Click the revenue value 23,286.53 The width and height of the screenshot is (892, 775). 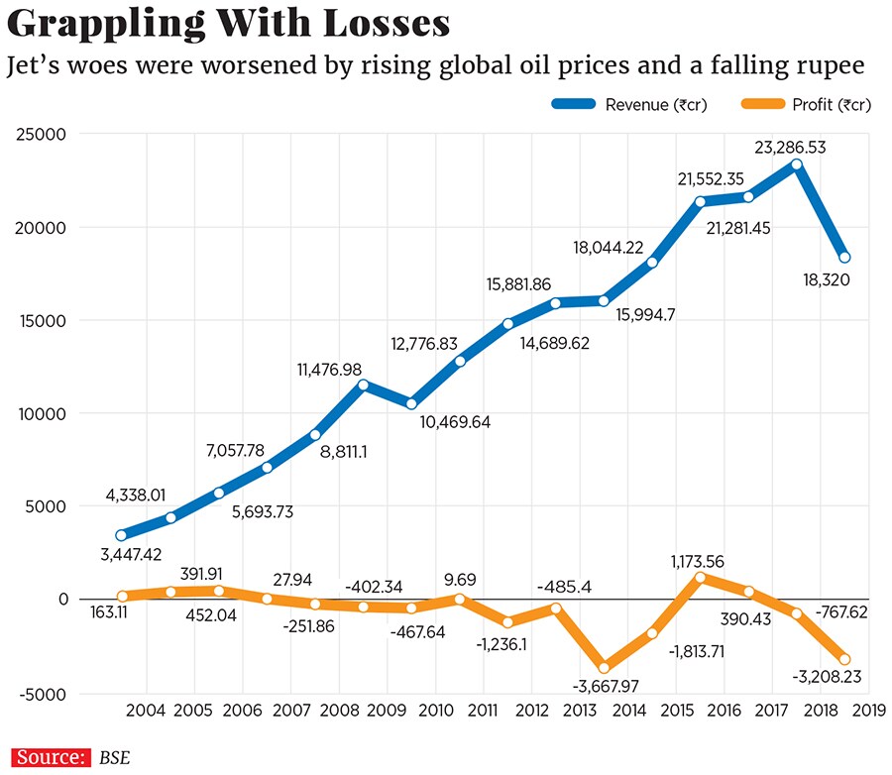(789, 149)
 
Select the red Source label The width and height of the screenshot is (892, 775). (50, 757)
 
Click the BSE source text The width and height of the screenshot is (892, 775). (114, 758)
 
